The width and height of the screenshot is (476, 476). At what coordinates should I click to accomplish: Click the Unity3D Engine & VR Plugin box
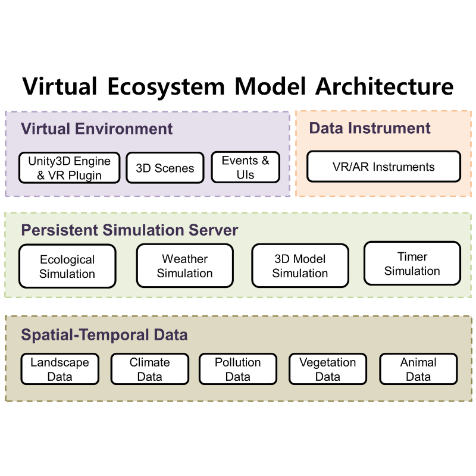tap(69, 168)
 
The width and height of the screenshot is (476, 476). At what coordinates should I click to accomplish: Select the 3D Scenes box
tap(165, 168)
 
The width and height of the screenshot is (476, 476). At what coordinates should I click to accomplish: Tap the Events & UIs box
tap(245, 167)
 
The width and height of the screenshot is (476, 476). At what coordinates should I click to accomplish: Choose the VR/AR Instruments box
tap(384, 167)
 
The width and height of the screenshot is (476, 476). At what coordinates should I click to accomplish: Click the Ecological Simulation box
tap(67, 266)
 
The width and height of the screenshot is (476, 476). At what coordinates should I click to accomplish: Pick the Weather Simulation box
tap(185, 265)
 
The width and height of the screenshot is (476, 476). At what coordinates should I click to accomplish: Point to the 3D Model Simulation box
tap(300, 265)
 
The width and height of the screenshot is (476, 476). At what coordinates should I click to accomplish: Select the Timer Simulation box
tap(412, 263)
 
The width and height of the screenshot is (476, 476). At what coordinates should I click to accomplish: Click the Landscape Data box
tap(60, 369)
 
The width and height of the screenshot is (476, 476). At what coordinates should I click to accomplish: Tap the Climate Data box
tap(150, 369)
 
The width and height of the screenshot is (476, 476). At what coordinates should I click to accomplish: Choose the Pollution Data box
tap(238, 369)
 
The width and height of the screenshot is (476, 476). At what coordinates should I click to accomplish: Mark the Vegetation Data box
tap(328, 369)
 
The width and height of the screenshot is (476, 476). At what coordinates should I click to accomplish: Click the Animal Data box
tap(418, 369)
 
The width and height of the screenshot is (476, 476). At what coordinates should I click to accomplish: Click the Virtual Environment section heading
tap(96, 129)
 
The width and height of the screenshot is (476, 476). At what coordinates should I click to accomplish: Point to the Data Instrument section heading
tap(369, 128)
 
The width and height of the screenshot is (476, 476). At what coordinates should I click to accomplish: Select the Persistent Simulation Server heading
tap(129, 230)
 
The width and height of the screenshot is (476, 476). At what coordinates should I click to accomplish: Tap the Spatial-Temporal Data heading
tap(104, 335)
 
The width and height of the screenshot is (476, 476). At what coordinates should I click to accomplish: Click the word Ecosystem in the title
tap(166, 87)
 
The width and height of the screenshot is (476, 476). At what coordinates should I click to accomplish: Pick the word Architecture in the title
tap(384, 86)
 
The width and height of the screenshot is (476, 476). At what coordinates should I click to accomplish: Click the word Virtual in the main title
tap(59, 86)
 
